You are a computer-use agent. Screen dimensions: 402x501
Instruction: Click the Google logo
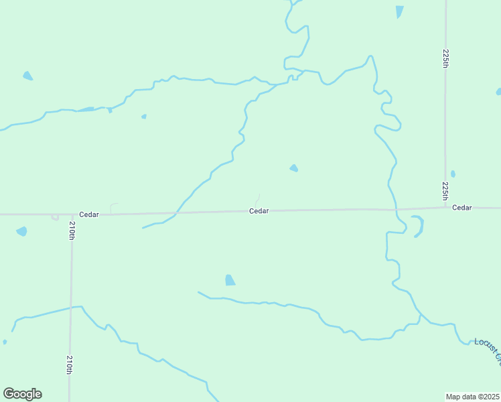[x=22, y=394]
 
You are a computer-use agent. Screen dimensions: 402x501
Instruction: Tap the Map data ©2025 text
[x=473, y=397]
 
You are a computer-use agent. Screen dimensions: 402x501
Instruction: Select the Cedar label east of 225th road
[x=462, y=208]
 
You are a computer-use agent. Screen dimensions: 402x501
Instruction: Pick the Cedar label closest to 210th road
[x=89, y=214]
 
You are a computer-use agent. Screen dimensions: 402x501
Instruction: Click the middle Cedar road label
[x=259, y=211]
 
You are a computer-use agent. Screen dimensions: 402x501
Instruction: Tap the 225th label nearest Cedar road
[x=445, y=191]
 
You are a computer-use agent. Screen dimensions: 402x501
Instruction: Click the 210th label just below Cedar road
[x=72, y=231]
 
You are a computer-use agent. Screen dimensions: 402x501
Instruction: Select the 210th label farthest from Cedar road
[x=70, y=364]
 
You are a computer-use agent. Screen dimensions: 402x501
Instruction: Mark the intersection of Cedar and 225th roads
[x=446, y=207]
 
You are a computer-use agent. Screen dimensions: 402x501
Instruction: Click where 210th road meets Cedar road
[x=72, y=214]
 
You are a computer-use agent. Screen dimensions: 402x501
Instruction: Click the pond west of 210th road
[x=21, y=231]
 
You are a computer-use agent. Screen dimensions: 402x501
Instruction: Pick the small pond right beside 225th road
[x=453, y=174]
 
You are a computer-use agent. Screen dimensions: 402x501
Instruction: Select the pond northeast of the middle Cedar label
[x=293, y=167]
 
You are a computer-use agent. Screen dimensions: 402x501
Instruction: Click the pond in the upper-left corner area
[x=27, y=76]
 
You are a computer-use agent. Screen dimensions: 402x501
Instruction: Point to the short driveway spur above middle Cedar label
[x=257, y=200]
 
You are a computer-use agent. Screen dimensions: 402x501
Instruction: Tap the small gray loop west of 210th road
[x=55, y=218]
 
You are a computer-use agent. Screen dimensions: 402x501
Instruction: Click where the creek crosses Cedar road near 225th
[x=396, y=209]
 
